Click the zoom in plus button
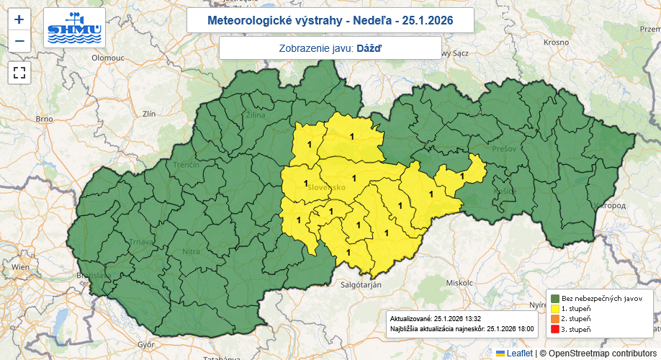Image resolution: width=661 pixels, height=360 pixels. [19, 19]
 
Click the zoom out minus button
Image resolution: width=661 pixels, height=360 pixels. [19, 40]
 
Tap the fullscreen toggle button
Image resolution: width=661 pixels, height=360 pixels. [19, 72]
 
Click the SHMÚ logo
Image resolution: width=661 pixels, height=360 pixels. [74, 28]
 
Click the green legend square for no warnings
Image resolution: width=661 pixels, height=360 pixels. [555, 298]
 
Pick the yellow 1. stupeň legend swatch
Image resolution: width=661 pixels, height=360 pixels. [555, 308]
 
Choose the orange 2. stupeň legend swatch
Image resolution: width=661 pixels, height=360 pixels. [555, 318]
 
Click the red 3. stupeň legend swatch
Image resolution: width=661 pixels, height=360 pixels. [555, 329]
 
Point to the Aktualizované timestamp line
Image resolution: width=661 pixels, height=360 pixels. [435, 318]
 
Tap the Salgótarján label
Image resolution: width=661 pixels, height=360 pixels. [361, 284]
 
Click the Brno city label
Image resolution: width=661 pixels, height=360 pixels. [45, 119]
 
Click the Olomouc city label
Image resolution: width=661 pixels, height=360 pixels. [108, 56]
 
